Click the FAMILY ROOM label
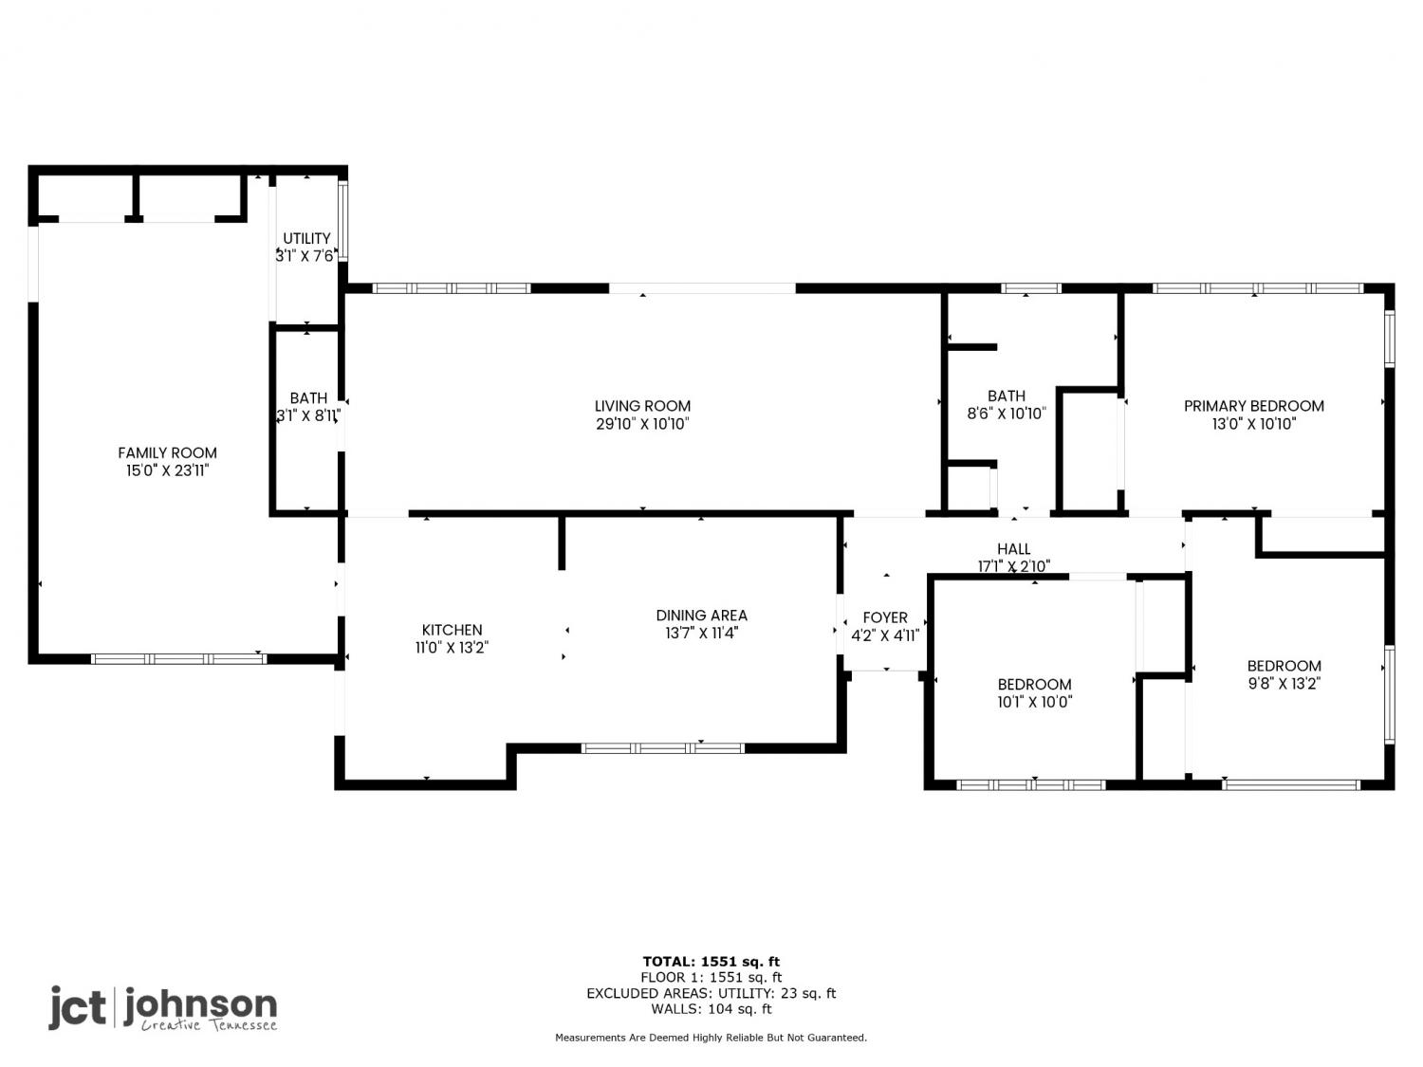167,452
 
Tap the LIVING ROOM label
642,406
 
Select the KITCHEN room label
452,630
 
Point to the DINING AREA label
701,615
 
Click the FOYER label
885,617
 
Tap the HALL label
1014,549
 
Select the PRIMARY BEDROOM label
1254,406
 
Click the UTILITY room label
306,238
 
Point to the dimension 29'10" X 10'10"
642,424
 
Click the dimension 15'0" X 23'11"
167,470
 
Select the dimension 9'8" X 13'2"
1284,684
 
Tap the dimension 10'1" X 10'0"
1035,702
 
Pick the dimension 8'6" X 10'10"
1007,414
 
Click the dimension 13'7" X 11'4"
701,633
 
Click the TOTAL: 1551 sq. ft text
711,962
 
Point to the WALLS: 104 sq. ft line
711,1009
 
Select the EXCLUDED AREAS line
711,993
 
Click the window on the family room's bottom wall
179,659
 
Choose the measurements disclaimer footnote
711,1038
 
